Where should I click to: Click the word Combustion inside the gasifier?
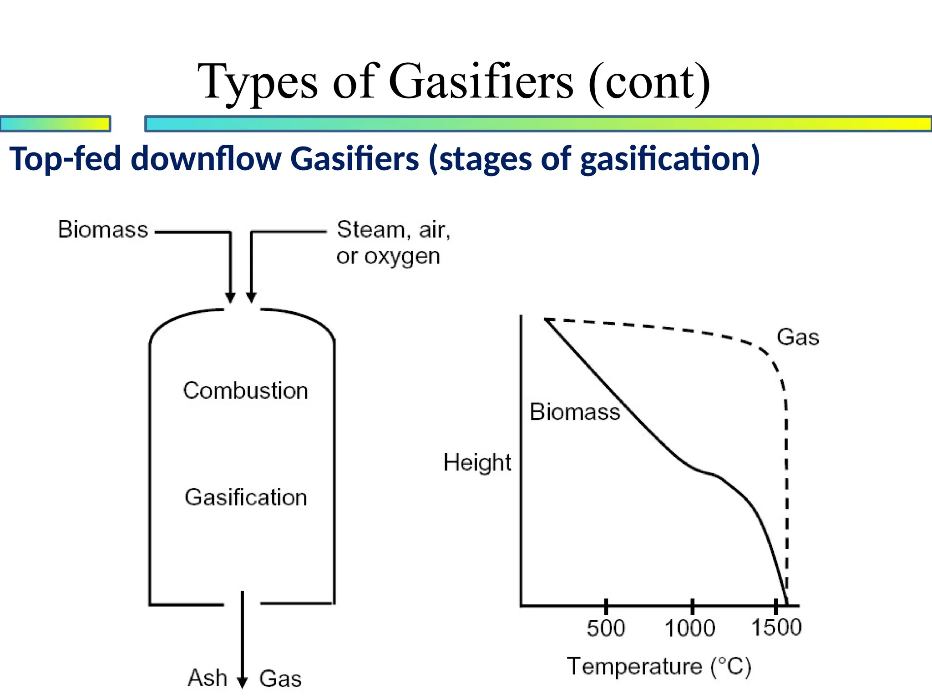click(245, 390)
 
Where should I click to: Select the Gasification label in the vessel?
click(246, 497)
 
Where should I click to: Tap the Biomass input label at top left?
click(103, 229)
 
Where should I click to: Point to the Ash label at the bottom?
click(208, 678)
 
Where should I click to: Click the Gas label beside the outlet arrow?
click(280, 679)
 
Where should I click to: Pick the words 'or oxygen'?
click(388, 256)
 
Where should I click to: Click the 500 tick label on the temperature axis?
click(606, 628)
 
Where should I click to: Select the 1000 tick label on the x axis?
click(690, 628)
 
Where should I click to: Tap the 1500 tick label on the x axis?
click(776, 628)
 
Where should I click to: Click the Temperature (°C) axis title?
click(659, 667)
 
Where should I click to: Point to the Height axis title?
click(477, 462)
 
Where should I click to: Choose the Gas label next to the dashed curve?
click(798, 337)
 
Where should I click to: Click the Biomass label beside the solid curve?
click(575, 412)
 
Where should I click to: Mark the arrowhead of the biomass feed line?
click(230, 298)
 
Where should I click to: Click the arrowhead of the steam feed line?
click(251, 298)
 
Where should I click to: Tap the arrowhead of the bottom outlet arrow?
click(243, 682)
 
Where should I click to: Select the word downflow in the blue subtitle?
click(206, 159)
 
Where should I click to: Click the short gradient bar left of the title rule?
click(55, 124)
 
